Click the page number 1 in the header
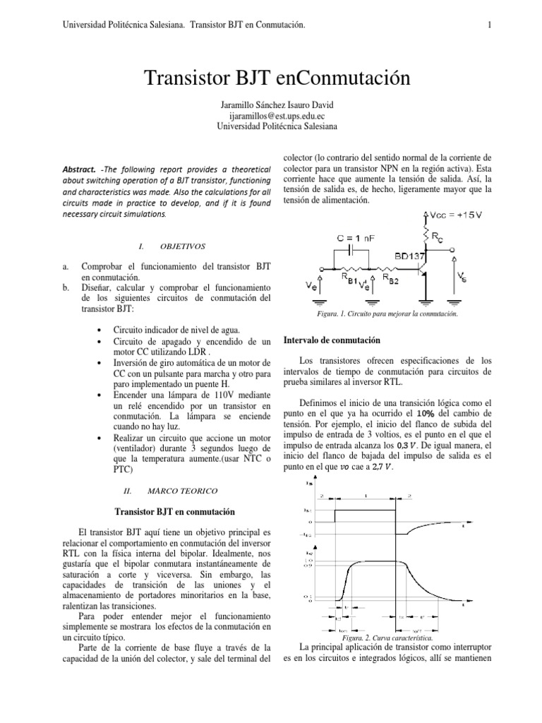point(488,25)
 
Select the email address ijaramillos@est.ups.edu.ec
point(271,116)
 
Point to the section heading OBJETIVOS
point(183,246)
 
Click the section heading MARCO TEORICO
point(183,489)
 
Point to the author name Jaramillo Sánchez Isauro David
point(271,105)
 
